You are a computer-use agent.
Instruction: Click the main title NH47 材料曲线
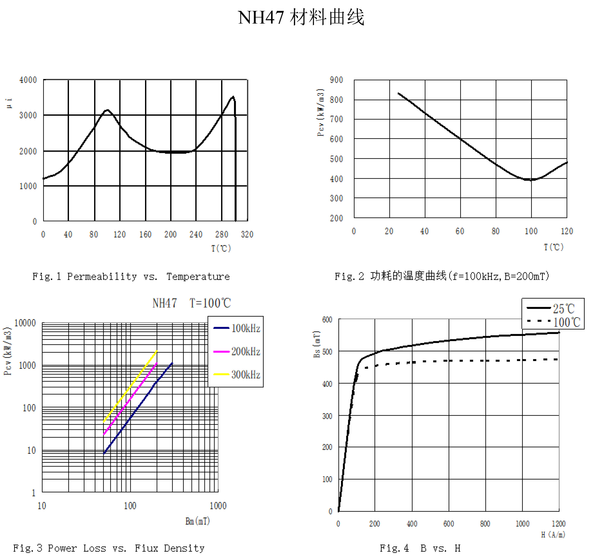click(x=301, y=17)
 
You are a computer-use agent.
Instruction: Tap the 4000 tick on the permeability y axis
click(x=28, y=80)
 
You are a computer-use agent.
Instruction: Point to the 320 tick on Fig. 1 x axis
click(x=247, y=235)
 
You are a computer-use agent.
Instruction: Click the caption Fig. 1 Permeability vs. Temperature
click(x=131, y=277)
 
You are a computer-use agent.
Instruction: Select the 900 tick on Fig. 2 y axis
click(x=336, y=80)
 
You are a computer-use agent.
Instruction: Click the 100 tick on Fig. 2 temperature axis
click(x=531, y=231)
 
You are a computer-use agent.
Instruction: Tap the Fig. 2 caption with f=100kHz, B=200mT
click(x=442, y=276)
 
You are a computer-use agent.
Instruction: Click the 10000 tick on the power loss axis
click(x=25, y=323)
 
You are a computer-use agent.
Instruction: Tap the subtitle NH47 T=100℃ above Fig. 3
click(x=192, y=303)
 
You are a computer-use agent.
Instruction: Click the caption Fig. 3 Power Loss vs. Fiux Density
click(x=109, y=548)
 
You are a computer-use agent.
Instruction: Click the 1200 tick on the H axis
click(x=558, y=524)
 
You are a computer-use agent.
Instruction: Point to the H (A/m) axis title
click(x=553, y=535)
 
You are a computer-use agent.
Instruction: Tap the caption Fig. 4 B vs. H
click(x=420, y=548)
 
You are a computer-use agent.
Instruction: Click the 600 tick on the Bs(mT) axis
click(x=327, y=320)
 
